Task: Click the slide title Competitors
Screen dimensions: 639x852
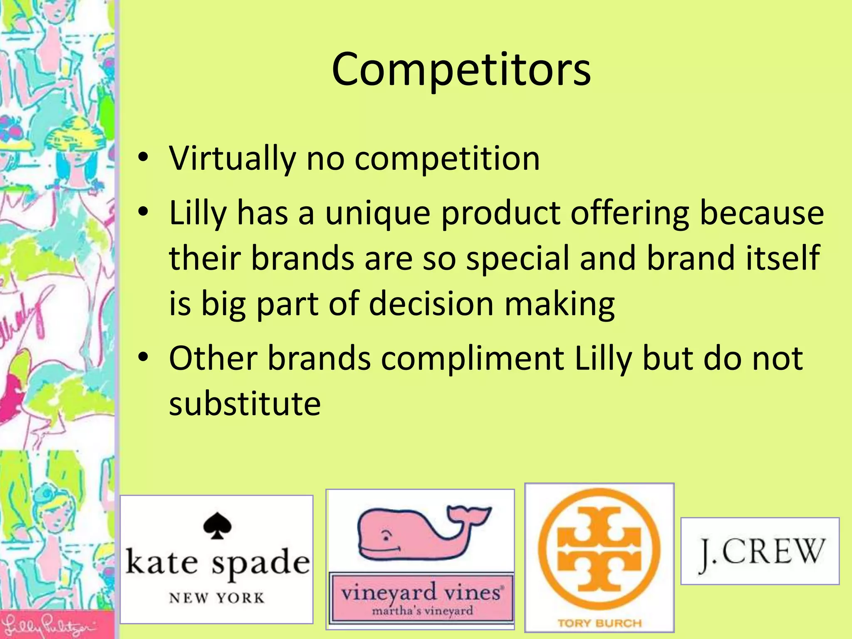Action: click(x=461, y=69)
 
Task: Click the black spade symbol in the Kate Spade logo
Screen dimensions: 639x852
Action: click(x=217, y=526)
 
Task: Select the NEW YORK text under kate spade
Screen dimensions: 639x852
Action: click(x=217, y=598)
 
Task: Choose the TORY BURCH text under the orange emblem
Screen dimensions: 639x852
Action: click(x=599, y=623)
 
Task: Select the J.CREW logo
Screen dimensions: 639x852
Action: click(x=760, y=552)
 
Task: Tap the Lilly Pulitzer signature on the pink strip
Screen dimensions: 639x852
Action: click(x=50, y=625)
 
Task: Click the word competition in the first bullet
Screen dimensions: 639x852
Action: click(x=447, y=159)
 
